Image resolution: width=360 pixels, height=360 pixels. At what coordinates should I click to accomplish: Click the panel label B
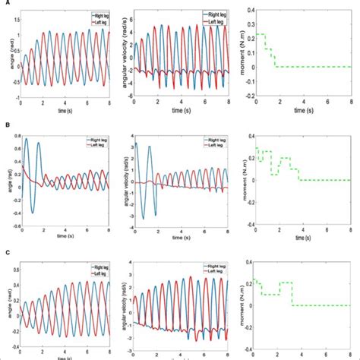click(5, 124)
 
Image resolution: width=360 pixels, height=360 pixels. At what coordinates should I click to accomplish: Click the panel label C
click(5, 243)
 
